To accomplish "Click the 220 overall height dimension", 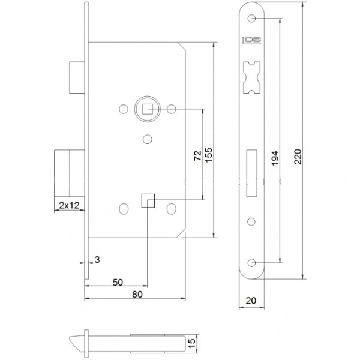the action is pyautogui.click(x=298, y=157).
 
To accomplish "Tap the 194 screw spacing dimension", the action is pyautogui.click(x=275, y=158).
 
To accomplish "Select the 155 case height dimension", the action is pyautogui.click(x=209, y=155).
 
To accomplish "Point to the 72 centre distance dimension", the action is pyautogui.click(x=197, y=155).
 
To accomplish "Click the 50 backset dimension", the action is pyautogui.click(x=118, y=282).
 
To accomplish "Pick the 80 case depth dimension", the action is pyautogui.click(x=137, y=295).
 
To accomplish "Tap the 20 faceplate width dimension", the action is pyautogui.click(x=251, y=301).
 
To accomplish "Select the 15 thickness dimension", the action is pyautogui.click(x=192, y=343).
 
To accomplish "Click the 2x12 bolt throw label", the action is pyautogui.click(x=70, y=205).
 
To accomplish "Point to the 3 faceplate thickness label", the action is pyautogui.click(x=98, y=260).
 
